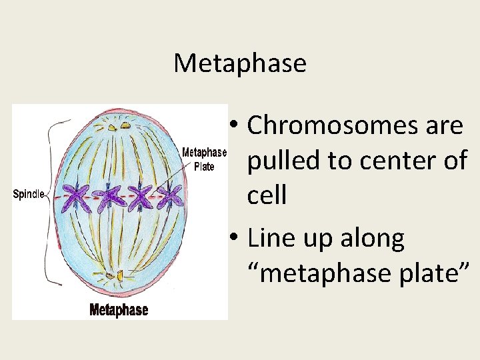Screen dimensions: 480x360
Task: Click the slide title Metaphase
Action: point(240,63)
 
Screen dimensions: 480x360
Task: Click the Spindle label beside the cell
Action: point(29,195)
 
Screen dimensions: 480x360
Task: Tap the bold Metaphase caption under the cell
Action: point(119,310)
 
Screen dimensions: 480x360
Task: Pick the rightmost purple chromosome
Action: point(170,197)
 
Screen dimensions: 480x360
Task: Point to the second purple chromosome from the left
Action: point(109,197)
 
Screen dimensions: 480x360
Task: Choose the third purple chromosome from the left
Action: point(140,197)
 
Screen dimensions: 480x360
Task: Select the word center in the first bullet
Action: point(396,161)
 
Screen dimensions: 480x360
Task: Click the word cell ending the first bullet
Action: point(267,196)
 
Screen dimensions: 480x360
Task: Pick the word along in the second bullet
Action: point(371,238)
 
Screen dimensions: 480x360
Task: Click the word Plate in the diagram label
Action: point(204,167)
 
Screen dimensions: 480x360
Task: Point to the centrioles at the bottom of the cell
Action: point(111,275)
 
